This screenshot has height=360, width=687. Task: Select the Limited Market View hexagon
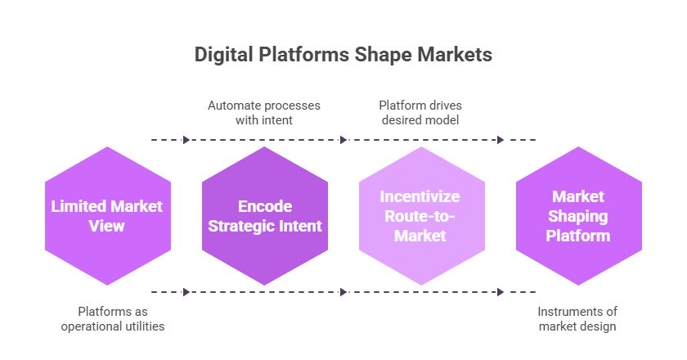pyautogui.click(x=107, y=216)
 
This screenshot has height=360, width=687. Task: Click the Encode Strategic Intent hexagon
pyautogui.click(x=264, y=216)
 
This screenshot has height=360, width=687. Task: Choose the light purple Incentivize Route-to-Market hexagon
pyautogui.click(x=421, y=216)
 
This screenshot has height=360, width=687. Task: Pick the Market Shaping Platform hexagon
pyautogui.click(x=578, y=216)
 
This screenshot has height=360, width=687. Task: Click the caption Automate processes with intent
pyautogui.click(x=263, y=113)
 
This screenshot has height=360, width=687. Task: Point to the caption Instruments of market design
pyautogui.click(x=577, y=319)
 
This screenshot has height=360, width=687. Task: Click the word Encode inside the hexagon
pyautogui.click(x=264, y=207)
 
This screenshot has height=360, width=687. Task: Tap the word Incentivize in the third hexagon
pyautogui.click(x=421, y=197)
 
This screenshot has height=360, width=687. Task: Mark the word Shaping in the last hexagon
pyautogui.click(x=578, y=216)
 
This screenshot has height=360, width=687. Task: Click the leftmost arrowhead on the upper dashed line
pyautogui.click(x=186, y=140)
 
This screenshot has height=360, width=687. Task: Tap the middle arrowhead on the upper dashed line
pyautogui.click(x=343, y=140)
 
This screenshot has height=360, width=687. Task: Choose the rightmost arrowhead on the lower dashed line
pyautogui.click(x=501, y=292)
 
